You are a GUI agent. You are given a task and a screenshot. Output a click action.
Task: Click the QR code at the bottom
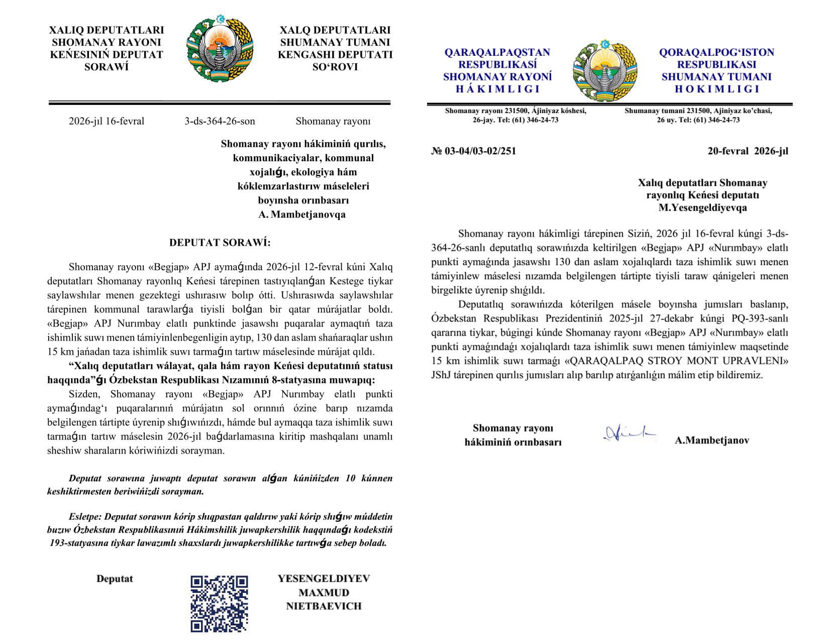[219, 603]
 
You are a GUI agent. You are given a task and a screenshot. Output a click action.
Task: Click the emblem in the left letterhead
[220, 49]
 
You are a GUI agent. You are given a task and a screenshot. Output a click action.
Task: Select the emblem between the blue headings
[605, 71]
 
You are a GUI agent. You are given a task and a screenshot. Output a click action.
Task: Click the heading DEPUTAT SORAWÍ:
[220, 243]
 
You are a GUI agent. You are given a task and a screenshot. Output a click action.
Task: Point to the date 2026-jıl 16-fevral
[107, 121]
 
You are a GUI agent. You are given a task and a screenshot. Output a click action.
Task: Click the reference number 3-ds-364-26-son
[220, 121]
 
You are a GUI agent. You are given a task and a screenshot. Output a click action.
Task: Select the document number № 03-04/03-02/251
[473, 151]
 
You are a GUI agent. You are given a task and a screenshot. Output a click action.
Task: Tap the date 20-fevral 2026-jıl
[748, 151]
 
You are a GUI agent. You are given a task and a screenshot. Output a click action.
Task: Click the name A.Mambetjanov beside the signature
[712, 441]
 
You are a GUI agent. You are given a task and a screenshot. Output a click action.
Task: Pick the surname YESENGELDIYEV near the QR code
[324, 578]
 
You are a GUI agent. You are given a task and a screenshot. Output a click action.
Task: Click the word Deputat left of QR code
[115, 578]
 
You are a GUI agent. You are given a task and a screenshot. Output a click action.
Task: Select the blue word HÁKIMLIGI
[497, 89]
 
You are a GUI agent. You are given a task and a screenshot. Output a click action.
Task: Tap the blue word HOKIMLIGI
[716, 89]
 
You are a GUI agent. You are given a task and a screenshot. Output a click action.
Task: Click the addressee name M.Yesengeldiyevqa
[702, 207]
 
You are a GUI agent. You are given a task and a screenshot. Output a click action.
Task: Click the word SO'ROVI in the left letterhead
[335, 67]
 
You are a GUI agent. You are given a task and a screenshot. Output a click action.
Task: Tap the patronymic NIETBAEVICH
[324, 606]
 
